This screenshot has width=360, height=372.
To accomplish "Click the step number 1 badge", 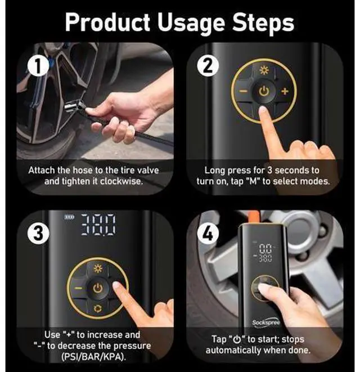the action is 38,66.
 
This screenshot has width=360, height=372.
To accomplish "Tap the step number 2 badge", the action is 208,66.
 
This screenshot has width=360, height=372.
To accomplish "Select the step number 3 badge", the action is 38,233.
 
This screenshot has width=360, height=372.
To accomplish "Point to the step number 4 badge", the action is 208,233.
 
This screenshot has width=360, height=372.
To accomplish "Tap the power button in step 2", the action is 264,91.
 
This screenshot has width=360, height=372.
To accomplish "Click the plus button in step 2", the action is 285,91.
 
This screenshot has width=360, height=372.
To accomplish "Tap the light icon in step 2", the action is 264,70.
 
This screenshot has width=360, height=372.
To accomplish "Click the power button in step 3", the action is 98,289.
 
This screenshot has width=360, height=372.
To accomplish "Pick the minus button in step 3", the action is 79,289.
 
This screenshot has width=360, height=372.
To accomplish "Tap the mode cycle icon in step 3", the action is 98,308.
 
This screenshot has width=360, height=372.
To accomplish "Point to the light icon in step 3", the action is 98,268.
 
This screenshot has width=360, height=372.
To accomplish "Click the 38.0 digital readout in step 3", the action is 99,225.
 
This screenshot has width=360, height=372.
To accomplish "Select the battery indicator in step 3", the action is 70,217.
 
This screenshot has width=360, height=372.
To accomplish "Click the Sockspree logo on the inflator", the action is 266,322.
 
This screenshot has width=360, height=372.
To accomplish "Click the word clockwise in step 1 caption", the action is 121,181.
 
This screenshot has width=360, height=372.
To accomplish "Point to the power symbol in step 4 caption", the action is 237,340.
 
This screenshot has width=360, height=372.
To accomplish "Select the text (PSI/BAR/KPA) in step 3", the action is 93,357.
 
